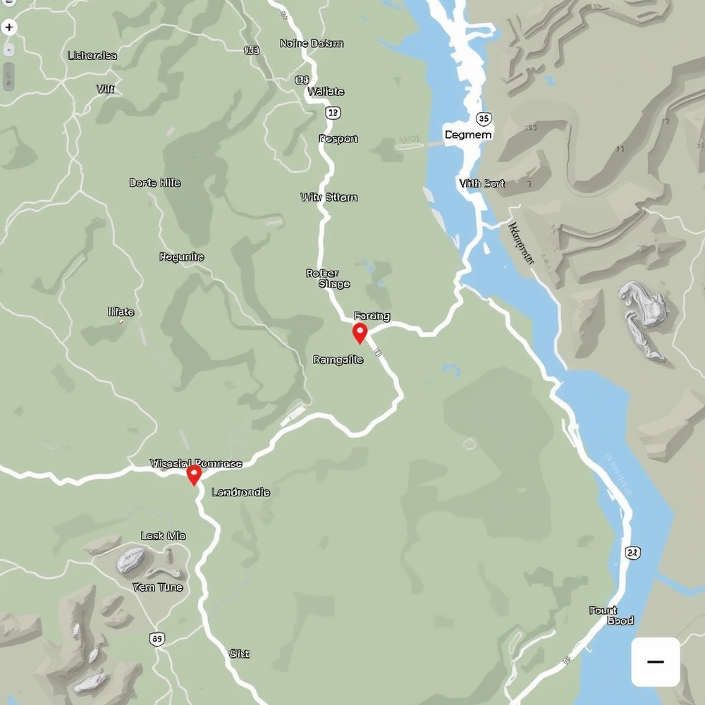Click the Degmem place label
click(468, 134)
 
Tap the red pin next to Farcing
click(360, 333)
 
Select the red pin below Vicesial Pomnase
click(194, 474)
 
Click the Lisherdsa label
click(92, 55)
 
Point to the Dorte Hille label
click(155, 183)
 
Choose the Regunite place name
click(182, 257)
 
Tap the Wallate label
click(326, 92)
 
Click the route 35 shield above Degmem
click(483, 118)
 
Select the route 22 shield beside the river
click(632, 553)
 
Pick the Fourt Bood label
click(611, 615)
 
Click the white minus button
click(655, 662)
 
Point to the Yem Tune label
click(157, 587)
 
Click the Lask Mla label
click(164, 536)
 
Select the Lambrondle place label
click(240, 492)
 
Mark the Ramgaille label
click(338, 360)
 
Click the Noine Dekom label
click(312, 44)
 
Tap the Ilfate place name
click(121, 312)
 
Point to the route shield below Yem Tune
click(157, 639)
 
